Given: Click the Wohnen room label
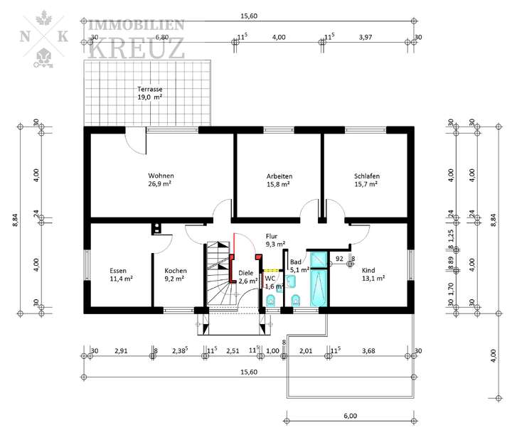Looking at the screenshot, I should click(x=161, y=176).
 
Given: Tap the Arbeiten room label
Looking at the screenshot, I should click(x=279, y=176).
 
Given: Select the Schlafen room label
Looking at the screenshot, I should click(x=366, y=176).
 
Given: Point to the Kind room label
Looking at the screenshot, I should click(x=368, y=270).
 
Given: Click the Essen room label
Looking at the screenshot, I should click(x=118, y=270).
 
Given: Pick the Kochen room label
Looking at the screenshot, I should click(x=175, y=270).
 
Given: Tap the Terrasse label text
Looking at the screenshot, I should click(x=150, y=90).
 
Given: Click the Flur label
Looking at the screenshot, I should click(x=271, y=236).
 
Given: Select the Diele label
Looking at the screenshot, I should click(x=245, y=272).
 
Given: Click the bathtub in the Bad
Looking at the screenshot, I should click(x=319, y=283).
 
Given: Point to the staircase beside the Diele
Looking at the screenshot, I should click(x=218, y=277).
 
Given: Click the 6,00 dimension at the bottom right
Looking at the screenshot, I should click(x=349, y=415).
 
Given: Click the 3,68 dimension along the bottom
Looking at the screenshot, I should click(x=368, y=350).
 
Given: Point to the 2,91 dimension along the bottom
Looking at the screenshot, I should click(x=120, y=350).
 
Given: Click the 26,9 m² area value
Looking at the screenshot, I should click(x=161, y=184).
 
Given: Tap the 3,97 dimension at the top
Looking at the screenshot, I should click(x=366, y=37).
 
